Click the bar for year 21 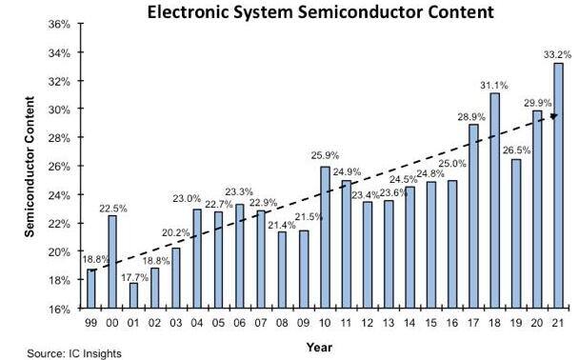[558, 186]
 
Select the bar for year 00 [113, 262]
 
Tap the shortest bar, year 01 [134, 296]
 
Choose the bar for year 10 [325, 238]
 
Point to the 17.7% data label [134, 275]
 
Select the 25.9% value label [325, 157]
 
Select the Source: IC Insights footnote [62, 352]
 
